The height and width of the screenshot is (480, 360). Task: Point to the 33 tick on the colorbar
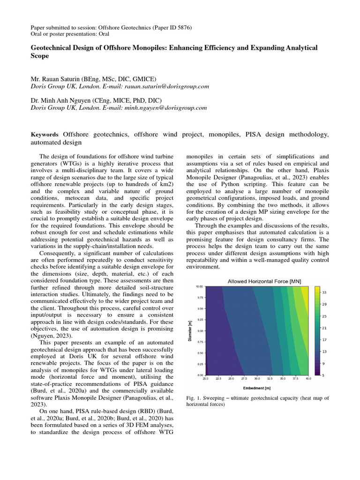(323, 292)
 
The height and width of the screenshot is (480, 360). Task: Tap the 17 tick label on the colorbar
(323, 339)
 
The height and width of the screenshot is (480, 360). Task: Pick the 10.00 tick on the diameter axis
(199, 286)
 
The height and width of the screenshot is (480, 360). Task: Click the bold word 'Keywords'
(45, 135)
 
